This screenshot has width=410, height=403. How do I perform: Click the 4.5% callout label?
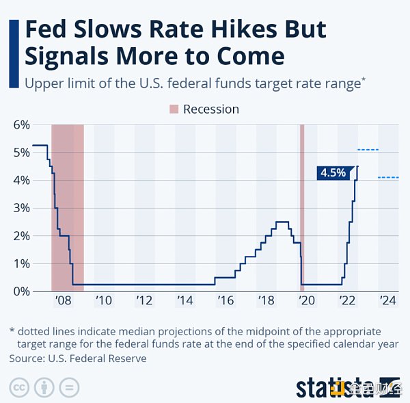pos(333,173)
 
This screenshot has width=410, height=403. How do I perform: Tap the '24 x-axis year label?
pos(387,301)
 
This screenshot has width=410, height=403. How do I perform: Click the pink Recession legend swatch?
pos(173,109)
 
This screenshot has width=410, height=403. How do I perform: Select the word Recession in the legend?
pos(211,109)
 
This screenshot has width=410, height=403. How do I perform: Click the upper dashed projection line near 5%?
pos(368,150)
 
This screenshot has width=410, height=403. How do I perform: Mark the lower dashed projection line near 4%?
pos(388,178)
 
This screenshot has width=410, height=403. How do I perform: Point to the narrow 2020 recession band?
pos(302,205)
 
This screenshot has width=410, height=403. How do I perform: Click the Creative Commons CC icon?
pos(19,387)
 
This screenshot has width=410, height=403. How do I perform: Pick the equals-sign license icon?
pos(68,387)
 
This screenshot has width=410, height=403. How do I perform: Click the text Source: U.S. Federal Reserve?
pos(78,358)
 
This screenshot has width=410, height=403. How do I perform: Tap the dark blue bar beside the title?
pos(13,53)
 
